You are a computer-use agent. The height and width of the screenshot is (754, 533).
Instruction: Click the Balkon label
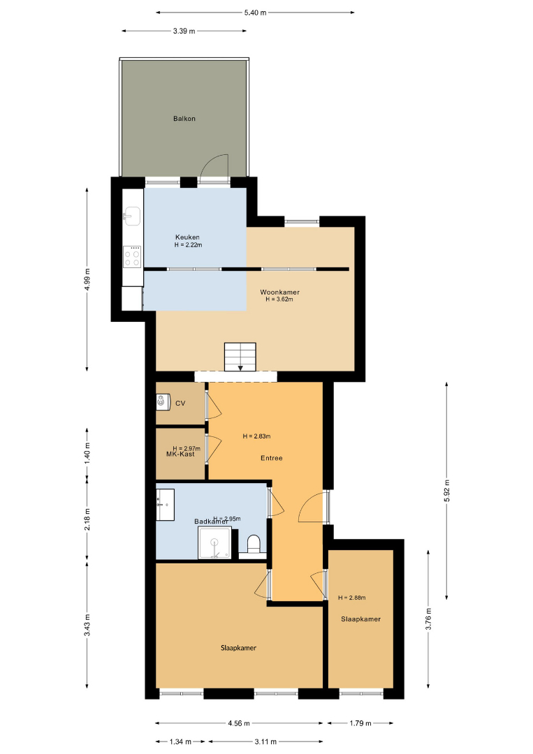pyautogui.click(x=184, y=118)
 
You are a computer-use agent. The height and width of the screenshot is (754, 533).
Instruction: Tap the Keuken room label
pyautogui.click(x=188, y=237)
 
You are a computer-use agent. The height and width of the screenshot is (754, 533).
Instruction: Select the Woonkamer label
pyautogui.click(x=279, y=292)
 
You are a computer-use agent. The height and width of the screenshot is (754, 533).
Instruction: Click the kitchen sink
pyautogui.click(x=132, y=216)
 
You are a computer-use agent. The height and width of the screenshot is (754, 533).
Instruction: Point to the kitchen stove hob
pyautogui.click(x=132, y=256)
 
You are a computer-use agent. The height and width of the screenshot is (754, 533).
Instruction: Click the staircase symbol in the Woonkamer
pyautogui.click(x=240, y=357)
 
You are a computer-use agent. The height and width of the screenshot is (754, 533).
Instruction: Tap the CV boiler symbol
pyautogui.click(x=163, y=401)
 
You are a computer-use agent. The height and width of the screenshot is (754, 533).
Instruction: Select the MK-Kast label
pyautogui.click(x=180, y=454)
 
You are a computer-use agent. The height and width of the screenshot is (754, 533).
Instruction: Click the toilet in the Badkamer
pyautogui.click(x=254, y=545)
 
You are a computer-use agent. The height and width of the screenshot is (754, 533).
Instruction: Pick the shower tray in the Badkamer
pyautogui.click(x=214, y=543)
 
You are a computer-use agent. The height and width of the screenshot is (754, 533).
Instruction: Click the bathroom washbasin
pyautogui.click(x=165, y=505)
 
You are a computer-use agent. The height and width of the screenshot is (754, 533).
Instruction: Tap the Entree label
pyautogui.click(x=272, y=458)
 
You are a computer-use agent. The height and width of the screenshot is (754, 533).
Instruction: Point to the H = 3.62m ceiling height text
pyautogui.click(x=279, y=299)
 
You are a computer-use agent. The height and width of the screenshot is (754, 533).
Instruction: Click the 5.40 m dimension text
pyautogui.click(x=255, y=13)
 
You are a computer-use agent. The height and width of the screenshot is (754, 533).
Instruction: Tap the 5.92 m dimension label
pyautogui.click(x=447, y=491)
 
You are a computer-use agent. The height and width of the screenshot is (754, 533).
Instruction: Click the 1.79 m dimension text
pyautogui.click(x=360, y=723)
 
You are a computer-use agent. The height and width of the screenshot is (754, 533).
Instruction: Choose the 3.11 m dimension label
pyautogui.click(x=265, y=741)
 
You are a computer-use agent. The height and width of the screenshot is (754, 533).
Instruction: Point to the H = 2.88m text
pyautogui.click(x=351, y=598)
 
